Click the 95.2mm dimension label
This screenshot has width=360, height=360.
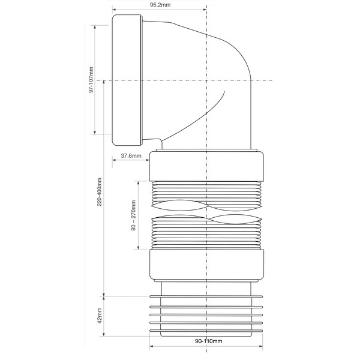160,5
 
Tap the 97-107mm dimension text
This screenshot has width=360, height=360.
91,80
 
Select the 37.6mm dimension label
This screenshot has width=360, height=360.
131,155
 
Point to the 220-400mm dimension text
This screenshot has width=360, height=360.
100,192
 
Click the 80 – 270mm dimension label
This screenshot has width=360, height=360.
134,215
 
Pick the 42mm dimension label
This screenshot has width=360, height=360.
100,316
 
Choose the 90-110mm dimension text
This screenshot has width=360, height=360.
209,341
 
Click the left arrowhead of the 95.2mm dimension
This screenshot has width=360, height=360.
114,10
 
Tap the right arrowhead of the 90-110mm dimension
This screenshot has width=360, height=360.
261,346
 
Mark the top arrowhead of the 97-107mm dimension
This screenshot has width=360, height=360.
95,27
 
